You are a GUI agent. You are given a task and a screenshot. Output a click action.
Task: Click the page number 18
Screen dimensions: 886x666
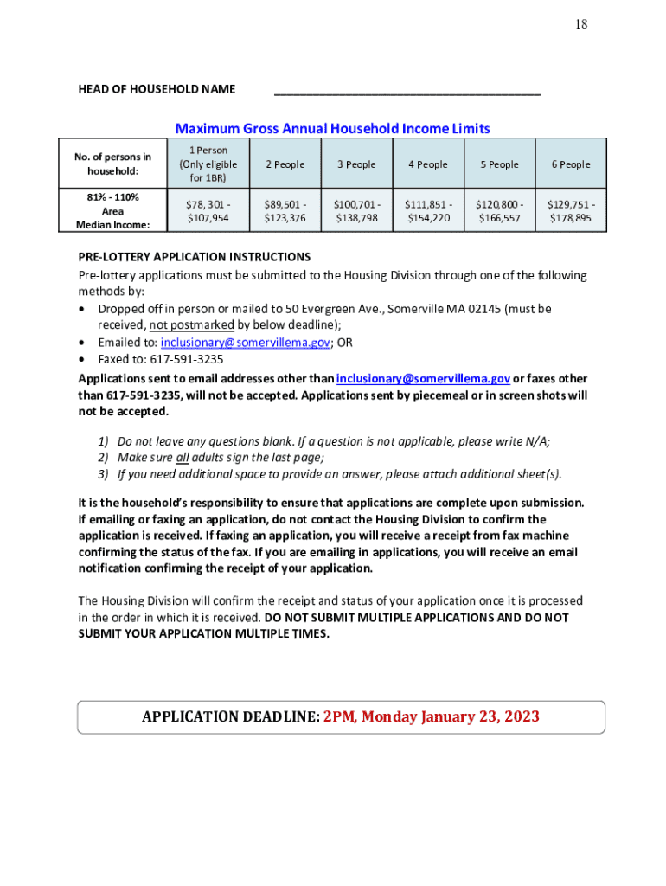coord(581,24)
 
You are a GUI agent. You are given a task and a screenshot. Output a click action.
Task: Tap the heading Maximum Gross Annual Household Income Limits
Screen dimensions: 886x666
coord(332,129)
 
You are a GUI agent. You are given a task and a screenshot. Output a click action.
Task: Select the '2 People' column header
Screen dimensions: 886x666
coord(285,164)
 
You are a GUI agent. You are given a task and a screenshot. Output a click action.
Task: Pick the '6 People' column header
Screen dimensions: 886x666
coord(571,164)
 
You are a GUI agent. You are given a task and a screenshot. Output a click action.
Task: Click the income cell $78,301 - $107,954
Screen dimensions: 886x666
coord(208,211)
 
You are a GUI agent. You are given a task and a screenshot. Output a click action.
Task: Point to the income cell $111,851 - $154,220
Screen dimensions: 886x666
coord(428,211)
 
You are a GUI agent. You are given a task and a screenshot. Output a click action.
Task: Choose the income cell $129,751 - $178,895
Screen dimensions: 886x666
coord(571,211)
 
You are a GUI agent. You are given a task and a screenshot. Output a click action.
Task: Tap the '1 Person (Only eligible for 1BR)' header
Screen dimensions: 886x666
coord(208,164)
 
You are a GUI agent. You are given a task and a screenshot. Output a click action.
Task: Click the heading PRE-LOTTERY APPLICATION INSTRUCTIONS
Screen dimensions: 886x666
coord(195,257)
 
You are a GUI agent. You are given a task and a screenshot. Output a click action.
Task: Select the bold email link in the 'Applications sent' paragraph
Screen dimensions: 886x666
coord(423,378)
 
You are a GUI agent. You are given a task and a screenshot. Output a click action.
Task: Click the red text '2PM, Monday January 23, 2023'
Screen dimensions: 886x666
coord(432,716)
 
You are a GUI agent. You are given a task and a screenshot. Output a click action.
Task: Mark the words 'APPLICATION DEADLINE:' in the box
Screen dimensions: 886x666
coord(231,716)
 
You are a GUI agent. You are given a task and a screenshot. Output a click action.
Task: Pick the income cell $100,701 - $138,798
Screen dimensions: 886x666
coord(357,211)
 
